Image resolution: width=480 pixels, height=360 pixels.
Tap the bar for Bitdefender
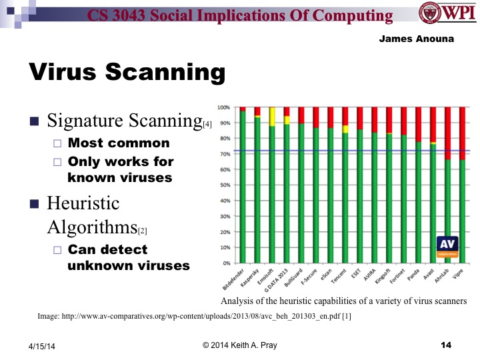coord(243,187)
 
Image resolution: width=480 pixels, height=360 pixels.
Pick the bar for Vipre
coord(462,210)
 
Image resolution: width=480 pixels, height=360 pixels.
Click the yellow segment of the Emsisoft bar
coord(272,117)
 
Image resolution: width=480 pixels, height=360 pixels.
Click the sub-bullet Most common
coord(119,143)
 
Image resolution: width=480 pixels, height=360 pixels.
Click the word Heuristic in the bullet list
coord(83,203)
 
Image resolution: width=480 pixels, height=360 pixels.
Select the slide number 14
coord(446,344)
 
